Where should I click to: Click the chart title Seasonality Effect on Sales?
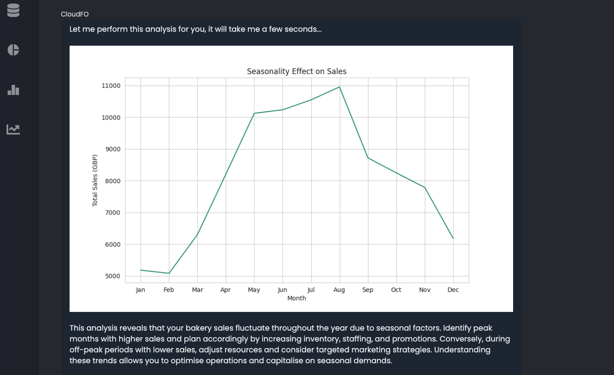(x=297, y=71)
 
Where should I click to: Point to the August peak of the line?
(x=340, y=87)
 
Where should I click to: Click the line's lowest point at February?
(x=169, y=273)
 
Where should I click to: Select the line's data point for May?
(x=254, y=113)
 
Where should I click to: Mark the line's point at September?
(x=368, y=157)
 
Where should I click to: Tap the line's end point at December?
(x=453, y=238)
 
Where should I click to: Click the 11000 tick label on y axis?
(x=111, y=86)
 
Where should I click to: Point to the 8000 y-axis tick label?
(x=113, y=181)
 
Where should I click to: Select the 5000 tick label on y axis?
(x=113, y=276)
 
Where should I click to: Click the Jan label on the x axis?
(x=140, y=290)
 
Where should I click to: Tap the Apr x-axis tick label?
(x=225, y=290)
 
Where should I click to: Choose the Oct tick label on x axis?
(x=396, y=290)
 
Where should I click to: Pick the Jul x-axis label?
(x=311, y=290)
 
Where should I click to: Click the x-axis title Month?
(x=297, y=298)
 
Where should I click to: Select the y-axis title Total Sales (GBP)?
(x=95, y=181)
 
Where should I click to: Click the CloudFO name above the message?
(x=75, y=14)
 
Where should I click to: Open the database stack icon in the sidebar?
(x=13, y=10)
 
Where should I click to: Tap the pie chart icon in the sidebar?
(x=13, y=50)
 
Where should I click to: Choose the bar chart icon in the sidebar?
(x=13, y=90)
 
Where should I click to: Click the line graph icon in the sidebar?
(x=13, y=129)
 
